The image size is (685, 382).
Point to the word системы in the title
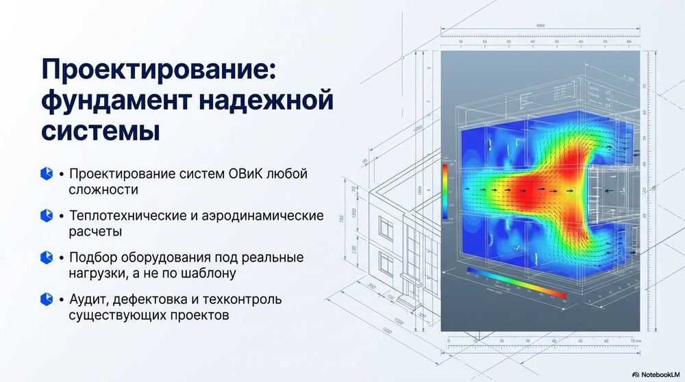pyautogui.click(x=101, y=130)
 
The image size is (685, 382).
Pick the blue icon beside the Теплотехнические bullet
pyautogui.click(x=47, y=216)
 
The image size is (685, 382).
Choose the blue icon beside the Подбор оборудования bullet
pyautogui.click(x=47, y=257)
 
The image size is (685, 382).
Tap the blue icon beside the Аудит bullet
pyautogui.click(x=47, y=299)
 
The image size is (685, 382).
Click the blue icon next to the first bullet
pyautogui.click(x=47, y=174)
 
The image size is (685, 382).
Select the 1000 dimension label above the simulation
pyautogui.click(x=540, y=26)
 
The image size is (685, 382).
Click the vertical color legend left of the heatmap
pyautogui.click(x=445, y=191)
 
